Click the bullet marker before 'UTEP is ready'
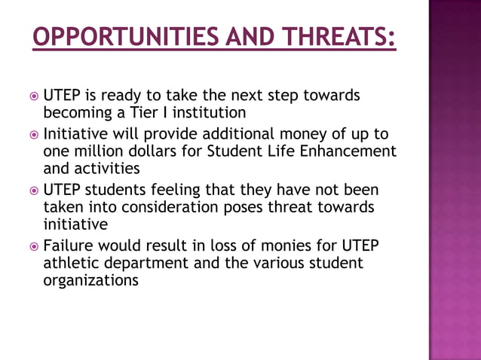[33, 97]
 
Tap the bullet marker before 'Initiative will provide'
[33, 135]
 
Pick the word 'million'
[93, 151]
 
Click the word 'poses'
[248, 207]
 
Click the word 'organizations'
[90, 280]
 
